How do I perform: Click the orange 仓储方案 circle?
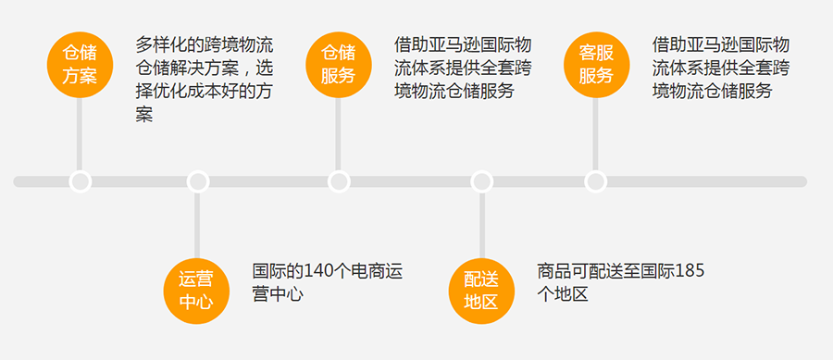(x=80, y=63)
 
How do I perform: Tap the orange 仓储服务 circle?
(x=338, y=63)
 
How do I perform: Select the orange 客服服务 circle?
(x=596, y=63)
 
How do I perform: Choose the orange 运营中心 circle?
(x=196, y=290)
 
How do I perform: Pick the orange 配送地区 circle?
(x=480, y=290)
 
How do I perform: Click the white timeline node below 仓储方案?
(x=80, y=181)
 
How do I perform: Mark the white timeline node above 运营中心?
(x=197, y=181)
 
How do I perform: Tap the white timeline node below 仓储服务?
(x=339, y=181)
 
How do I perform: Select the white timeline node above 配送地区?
(x=480, y=181)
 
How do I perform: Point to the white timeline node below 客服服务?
(x=596, y=181)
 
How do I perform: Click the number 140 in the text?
(x=312, y=272)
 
